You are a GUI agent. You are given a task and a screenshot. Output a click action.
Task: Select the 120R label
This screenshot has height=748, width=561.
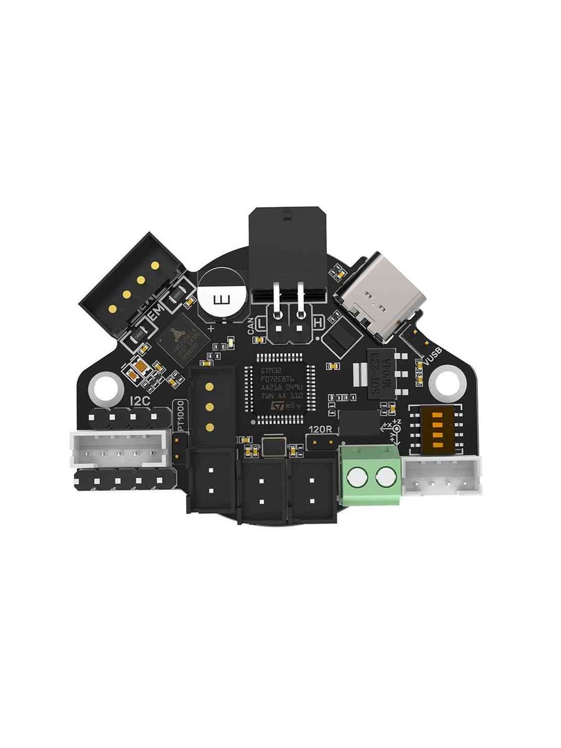324,430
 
